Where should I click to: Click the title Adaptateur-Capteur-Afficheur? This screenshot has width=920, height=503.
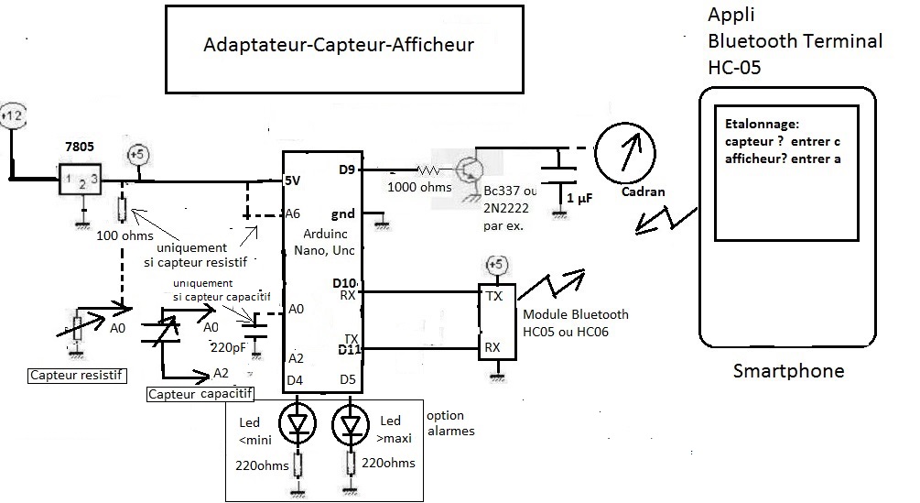coord(339,45)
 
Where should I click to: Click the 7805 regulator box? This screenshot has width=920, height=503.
coord(81,180)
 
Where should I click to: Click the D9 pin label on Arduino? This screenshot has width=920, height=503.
coord(346,169)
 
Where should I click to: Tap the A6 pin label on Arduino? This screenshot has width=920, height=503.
coord(293,213)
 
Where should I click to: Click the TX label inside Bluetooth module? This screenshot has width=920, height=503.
coord(492,297)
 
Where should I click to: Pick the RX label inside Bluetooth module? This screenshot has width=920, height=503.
coord(492,347)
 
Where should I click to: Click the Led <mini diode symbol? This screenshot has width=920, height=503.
coord(297,422)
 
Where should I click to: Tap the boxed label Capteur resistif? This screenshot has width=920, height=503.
coord(78,375)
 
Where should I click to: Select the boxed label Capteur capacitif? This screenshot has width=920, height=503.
coord(200,393)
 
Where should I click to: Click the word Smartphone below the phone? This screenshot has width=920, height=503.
coord(788,371)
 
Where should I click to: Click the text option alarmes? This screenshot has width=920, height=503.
coord(450,422)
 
